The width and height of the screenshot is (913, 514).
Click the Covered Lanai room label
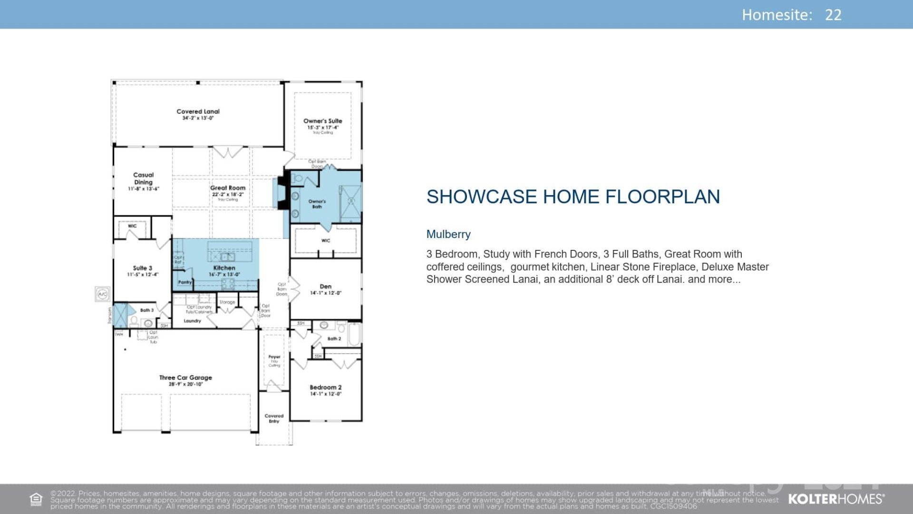[x=198, y=112]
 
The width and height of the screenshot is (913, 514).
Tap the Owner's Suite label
[x=323, y=121]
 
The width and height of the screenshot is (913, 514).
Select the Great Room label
[x=228, y=188]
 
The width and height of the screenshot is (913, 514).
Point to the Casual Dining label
[x=143, y=178]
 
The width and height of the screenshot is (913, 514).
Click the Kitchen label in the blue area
[x=224, y=268]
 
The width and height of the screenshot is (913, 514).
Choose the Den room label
[x=326, y=287]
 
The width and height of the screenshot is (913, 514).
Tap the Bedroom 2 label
[x=326, y=387]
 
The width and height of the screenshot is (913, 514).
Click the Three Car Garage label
[x=185, y=378]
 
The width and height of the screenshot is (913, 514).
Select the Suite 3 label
[x=142, y=268]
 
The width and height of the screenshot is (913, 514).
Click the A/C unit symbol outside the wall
[x=103, y=294]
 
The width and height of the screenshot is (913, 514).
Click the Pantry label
[x=185, y=282]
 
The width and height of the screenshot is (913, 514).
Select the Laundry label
[x=192, y=321]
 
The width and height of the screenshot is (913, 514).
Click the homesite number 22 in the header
[x=833, y=15]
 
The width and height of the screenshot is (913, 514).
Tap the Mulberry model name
[x=448, y=234]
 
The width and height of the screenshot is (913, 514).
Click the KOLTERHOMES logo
[x=836, y=499]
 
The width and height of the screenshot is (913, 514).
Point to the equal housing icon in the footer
[x=36, y=499]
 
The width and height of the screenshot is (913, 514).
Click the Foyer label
[x=274, y=356]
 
